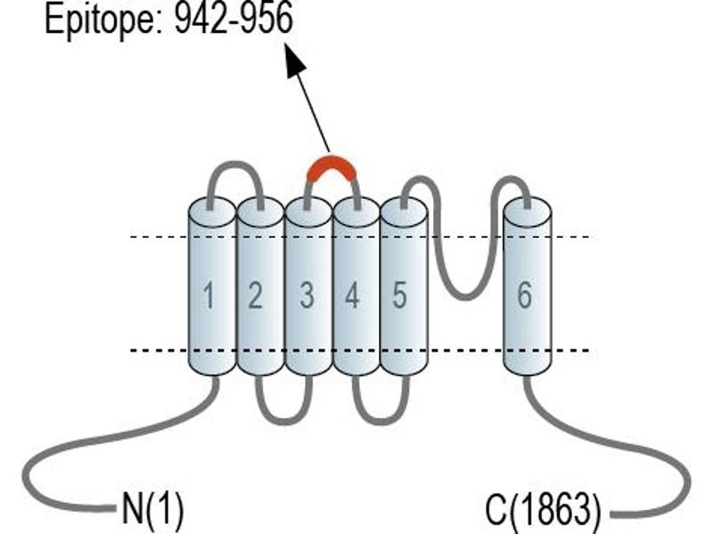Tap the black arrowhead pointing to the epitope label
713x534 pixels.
[x=295, y=61]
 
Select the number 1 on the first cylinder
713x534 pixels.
[x=209, y=295]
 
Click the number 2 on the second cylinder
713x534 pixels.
[x=255, y=295]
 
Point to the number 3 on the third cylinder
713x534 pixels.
[x=307, y=295]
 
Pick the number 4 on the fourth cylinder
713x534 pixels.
[x=352, y=295]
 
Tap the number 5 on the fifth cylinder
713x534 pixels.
[x=399, y=295]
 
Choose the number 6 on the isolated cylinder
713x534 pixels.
[x=524, y=295]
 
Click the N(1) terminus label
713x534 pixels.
[x=152, y=509]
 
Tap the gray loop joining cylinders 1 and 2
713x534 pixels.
[x=234, y=165]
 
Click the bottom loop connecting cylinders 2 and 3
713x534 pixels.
[x=283, y=421]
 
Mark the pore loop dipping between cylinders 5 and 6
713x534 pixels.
[x=467, y=297]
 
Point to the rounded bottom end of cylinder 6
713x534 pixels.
[x=528, y=368]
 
